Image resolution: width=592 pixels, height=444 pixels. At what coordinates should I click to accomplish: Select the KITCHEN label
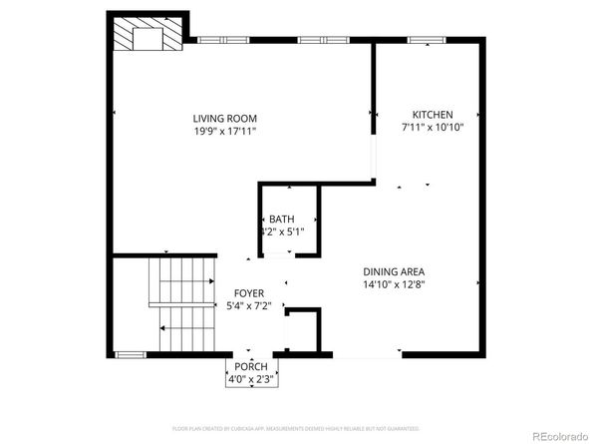click(x=434, y=114)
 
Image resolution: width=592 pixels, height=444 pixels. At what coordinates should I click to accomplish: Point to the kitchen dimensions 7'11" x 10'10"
click(x=434, y=128)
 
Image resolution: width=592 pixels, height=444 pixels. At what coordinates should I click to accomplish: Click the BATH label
click(x=280, y=220)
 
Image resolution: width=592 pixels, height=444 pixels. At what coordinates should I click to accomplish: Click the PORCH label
click(x=250, y=366)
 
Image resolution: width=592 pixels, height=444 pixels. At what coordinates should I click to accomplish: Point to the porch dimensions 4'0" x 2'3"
click(x=250, y=379)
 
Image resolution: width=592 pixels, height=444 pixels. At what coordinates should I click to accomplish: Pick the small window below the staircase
click(x=131, y=353)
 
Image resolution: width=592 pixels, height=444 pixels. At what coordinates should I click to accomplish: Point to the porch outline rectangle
click(x=250, y=373)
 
